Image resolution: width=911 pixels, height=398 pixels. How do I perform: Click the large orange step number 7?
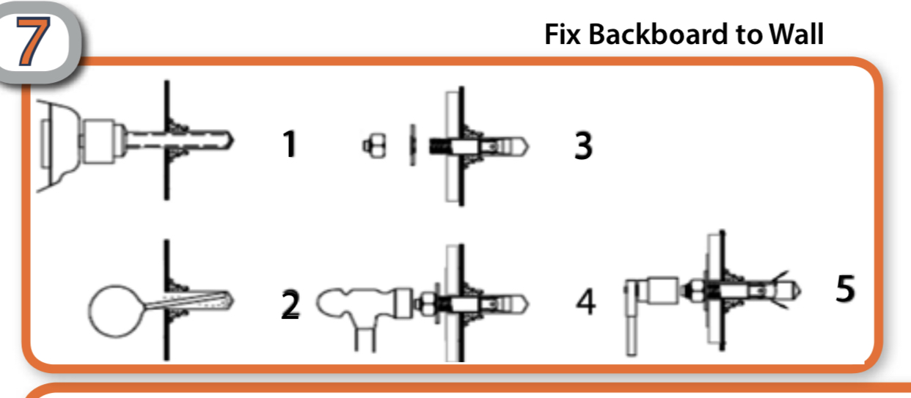coord(33,40)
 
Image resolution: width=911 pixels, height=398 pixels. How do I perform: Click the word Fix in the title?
coord(563,34)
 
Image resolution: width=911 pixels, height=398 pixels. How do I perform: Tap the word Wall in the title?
coord(797,34)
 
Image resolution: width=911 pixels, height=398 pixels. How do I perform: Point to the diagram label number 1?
coord(290,144)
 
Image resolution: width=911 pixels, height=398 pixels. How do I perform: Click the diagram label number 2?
coord(290,304)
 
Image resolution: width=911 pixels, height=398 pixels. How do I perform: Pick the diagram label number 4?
coord(586,301)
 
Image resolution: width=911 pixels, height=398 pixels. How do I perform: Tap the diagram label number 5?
coord(846,288)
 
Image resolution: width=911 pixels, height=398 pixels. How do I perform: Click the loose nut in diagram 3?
coord(375,146)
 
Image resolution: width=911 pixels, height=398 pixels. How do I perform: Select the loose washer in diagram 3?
coord(412,145)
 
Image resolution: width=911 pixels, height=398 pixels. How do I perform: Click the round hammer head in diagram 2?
coord(115,312)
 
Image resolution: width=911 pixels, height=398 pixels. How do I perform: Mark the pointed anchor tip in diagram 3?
coord(524,147)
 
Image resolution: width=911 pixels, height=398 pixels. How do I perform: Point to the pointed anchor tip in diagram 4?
coord(524,304)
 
